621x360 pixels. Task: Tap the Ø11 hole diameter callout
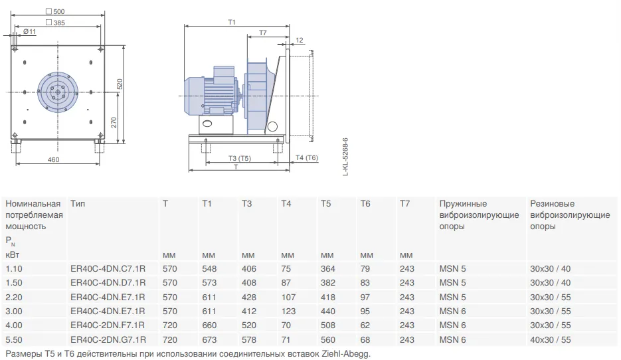(29, 32)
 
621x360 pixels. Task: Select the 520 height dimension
(120, 84)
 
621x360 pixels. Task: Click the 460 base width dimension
(54, 159)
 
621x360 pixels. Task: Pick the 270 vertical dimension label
(114, 122)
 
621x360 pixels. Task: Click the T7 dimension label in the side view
(263, 33)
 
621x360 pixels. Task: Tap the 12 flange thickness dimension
(300, 40)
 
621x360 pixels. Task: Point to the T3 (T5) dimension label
(240, 159)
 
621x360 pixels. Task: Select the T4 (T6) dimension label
(307, 157)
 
